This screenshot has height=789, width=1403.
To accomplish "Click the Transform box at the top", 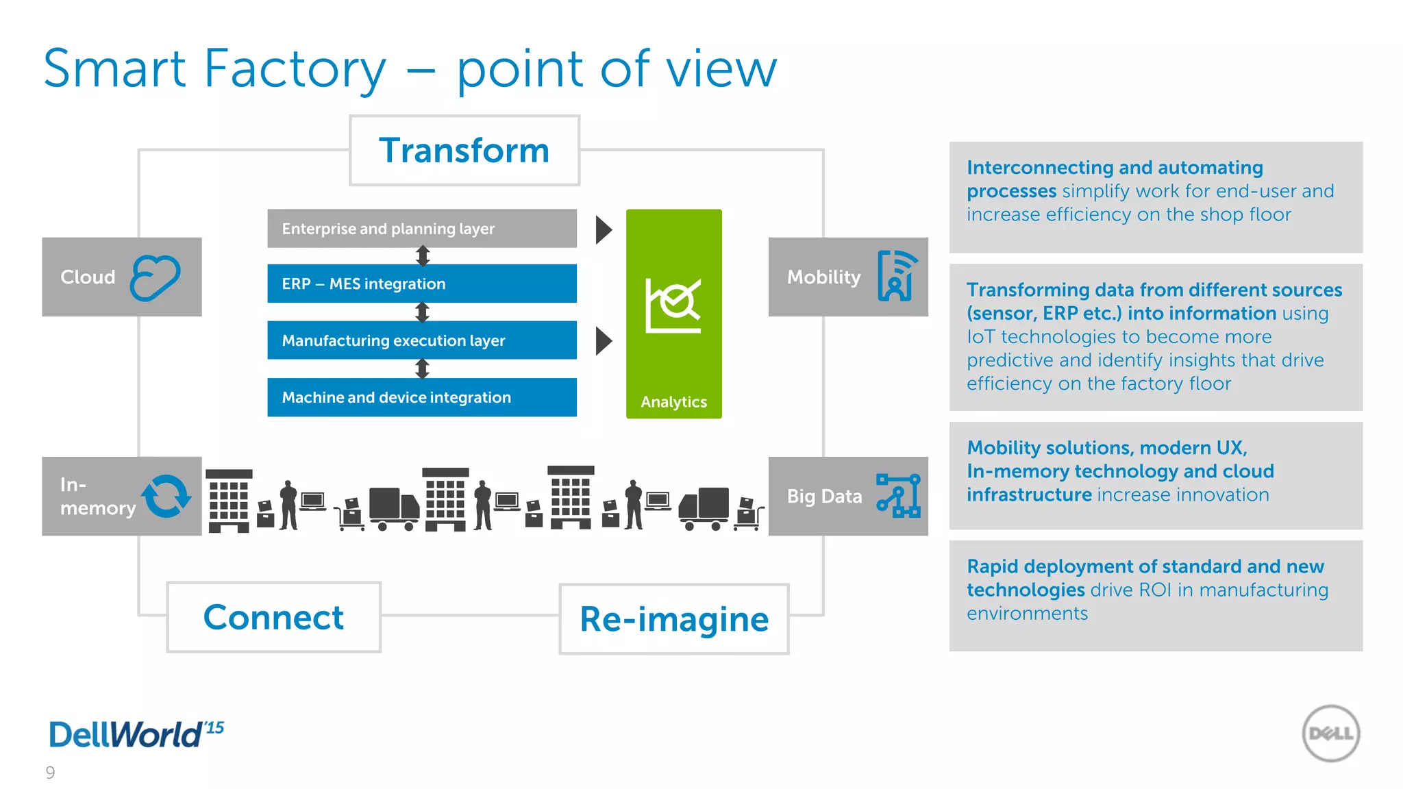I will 464,151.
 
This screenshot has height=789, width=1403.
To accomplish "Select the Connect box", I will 273,617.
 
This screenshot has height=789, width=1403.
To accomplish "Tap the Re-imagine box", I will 674,619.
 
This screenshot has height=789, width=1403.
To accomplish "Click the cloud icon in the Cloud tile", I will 156,277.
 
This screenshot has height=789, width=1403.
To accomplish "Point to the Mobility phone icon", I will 897,276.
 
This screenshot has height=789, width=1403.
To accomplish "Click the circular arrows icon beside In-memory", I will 166,496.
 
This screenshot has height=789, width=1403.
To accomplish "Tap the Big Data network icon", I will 898,496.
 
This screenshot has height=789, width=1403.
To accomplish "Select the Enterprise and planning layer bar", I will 421,229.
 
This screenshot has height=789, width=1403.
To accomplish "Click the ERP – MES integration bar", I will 421,284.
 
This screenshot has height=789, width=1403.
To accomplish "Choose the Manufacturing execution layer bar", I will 421,340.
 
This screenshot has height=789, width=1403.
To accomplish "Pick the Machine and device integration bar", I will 421,397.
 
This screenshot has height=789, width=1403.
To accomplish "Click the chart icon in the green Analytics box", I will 673,305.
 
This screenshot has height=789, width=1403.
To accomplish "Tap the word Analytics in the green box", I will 673,402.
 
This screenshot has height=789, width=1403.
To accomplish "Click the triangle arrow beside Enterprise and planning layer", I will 603,230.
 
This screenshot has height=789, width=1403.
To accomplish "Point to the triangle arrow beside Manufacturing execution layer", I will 603,341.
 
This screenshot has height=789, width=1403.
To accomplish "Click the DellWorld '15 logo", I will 136,734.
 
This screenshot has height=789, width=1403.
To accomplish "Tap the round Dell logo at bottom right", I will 1330,734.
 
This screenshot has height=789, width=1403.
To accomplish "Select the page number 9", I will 50,773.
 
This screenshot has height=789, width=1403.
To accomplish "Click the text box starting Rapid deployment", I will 1156,595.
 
